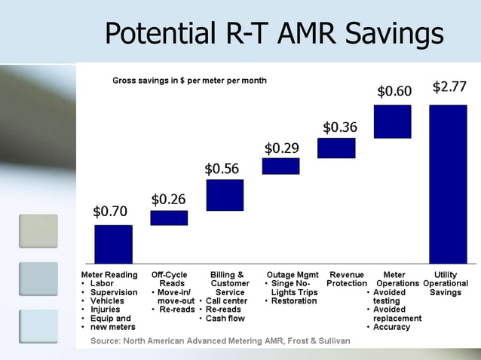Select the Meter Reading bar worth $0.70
click(x=113, y=244)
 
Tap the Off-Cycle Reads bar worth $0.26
click(x=169, y=218)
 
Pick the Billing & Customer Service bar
click(x=225, y=195)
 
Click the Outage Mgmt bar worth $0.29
click(x=280, y=166)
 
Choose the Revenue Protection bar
click(x=336, y=148)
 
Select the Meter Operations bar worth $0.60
click(x=392, y=121)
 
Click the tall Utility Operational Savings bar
click(x=448, y=184)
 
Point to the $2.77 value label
click(x=449, y=87)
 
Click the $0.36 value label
click(x=340, y=127)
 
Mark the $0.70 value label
click(x=110, y=211)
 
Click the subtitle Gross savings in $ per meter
click(x=189, y=80)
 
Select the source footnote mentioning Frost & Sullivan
click(x=220, y=341)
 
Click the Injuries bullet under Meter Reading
click(x=105, y=310)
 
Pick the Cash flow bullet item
click(x=225, y=319)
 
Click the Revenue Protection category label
click(x=347, y=279)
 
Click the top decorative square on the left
click(x=38, y=231)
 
